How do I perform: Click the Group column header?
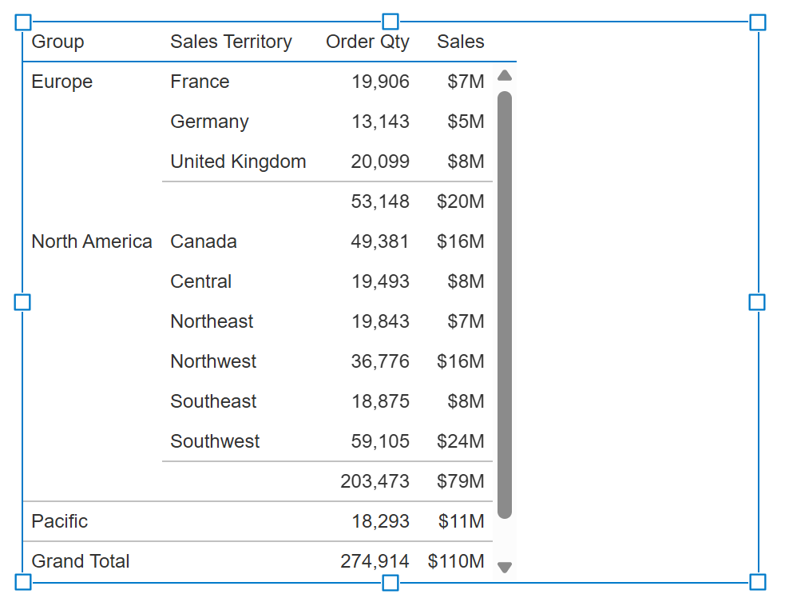(x=57, y=42)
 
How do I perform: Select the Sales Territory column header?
(x=231, y=42)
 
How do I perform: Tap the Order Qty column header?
(x=367, y=42)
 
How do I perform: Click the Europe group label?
(x=61, y=82)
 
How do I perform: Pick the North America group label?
(x=91, y=241)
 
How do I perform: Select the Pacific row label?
(x=59, y=521)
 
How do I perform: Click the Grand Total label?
(x=80, y=561)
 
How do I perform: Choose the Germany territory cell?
(x=209, y=122)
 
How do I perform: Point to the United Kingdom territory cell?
(x=238, y=161)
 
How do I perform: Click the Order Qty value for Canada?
(x=379, y=241)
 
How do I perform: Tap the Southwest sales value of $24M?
(x=460, y=441)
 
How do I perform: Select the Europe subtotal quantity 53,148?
(x=379, y=201)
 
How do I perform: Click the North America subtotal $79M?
(x=460, y=481)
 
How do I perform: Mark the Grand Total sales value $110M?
(x=455, y=561)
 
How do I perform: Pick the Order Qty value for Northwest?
(x=379, y=361)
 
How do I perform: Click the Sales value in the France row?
(x=466, y=82)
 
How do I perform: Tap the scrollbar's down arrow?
(x=504, y=567)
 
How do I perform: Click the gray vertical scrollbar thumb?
(x=504, y=304)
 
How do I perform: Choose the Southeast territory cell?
(x=213, y=401)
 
